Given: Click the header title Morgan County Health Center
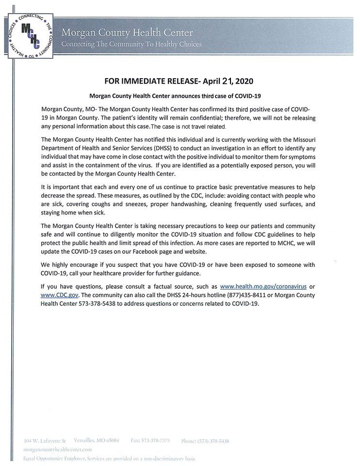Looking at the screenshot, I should (127, 33).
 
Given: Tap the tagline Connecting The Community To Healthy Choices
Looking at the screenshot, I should (131, 44).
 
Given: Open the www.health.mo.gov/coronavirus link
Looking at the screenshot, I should (264, 287).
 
